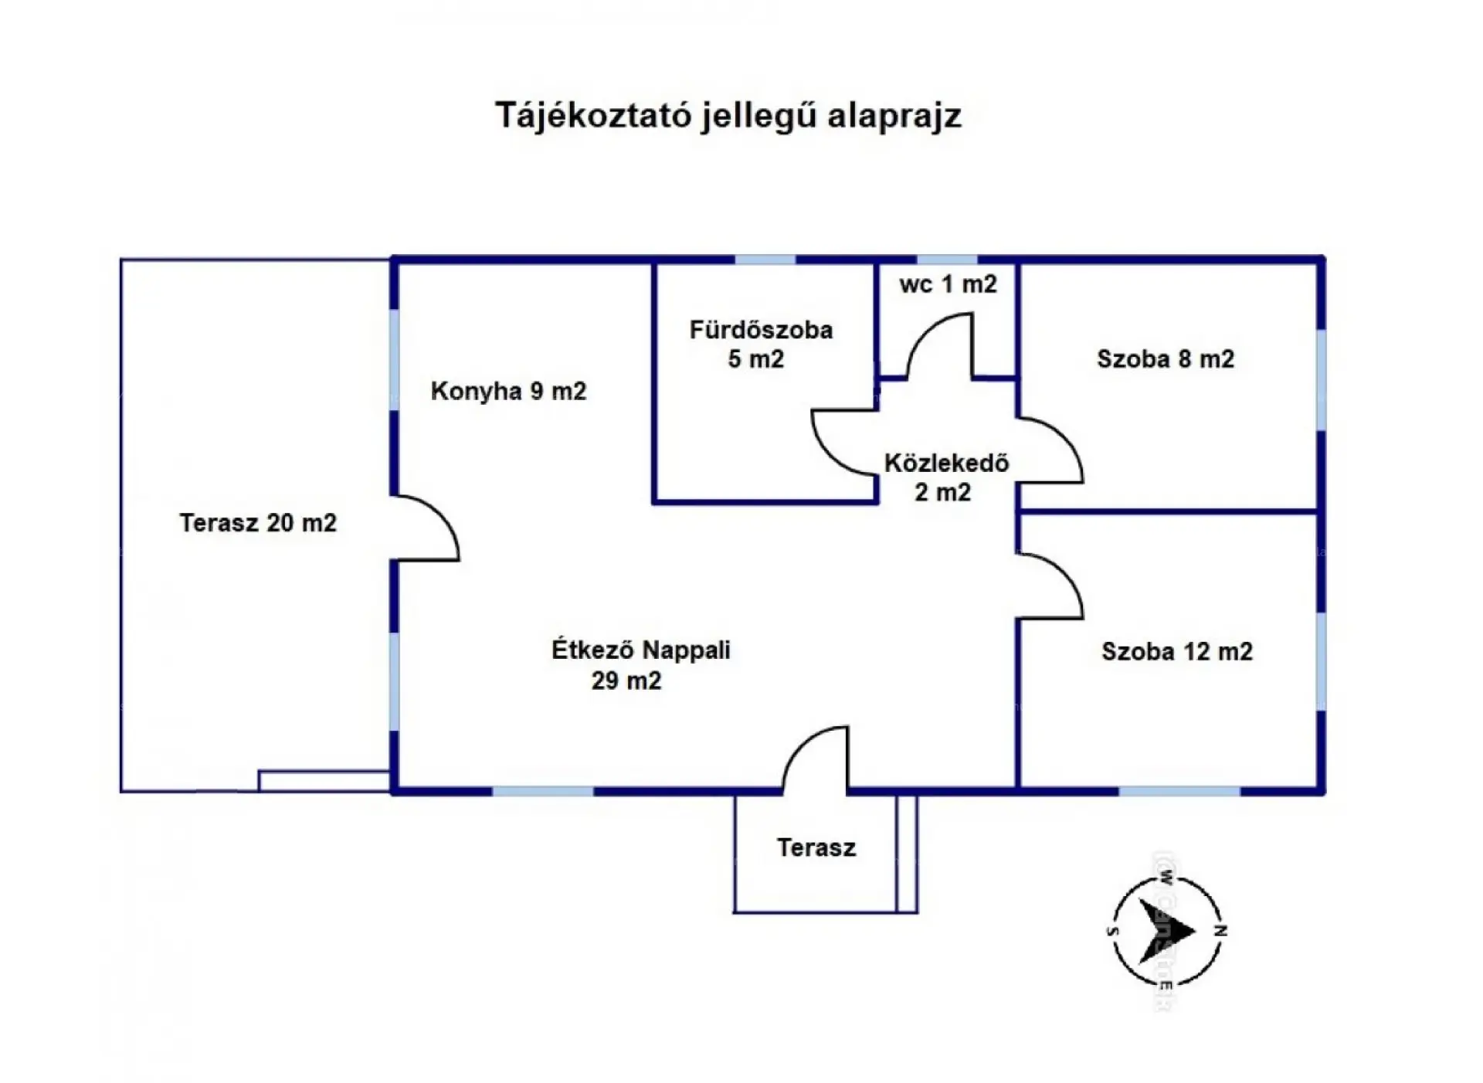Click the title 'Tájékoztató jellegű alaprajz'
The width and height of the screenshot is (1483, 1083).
click(x=728, y=116)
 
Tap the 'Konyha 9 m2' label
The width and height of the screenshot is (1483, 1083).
click(x=508, y=391)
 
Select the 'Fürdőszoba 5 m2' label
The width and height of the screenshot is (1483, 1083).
click(x=760, y=345)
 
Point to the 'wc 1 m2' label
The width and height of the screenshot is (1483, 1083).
click(x=948, y=284)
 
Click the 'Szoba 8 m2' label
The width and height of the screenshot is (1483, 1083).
click(x=1165, y=359)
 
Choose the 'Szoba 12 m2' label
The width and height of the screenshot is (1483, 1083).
click(x=1176, y=652)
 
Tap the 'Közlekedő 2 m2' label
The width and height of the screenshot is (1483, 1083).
click(x=945, y=477)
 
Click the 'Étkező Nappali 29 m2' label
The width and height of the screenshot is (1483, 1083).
click(x=640, y=664)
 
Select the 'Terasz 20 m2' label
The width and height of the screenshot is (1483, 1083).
click(x=258, y=523)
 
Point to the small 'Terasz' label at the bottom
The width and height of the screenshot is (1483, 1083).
click(x=816, y=848)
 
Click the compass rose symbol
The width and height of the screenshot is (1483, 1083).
click(x=1166, y=932)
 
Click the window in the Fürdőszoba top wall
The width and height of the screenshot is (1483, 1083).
click(x=765, y=260)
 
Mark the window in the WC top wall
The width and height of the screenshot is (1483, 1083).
click(x=947, y=260)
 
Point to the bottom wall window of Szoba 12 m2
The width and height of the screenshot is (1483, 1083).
click(x=1179, y=791)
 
